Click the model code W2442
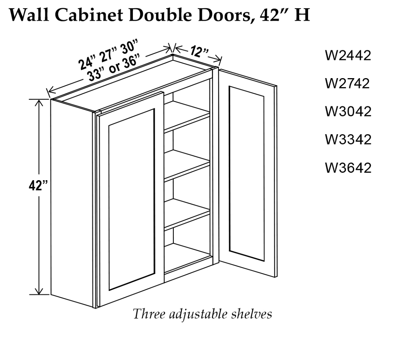pyautogui.click(x=348, y=55)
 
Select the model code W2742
pyautogui.click(x=347, y=83)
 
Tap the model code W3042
pyautogui.click(x=348, y=111)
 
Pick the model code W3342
pyautogui.click(x=348, y=139)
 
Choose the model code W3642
pyautogui.click(x=348, y=168)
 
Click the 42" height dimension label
pyautogui.click(x=38, y=186)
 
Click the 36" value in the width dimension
pyautogui.click(x=130, y=62)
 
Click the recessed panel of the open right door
pyautogui.click(x=246, y=174)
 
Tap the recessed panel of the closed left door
pyautogui.click(x=131, y=199)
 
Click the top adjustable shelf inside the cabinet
pyautogui.click(x=187, y=117)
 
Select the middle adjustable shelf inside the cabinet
pyautogui.click(x=187, y=165)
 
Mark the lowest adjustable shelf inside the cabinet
pyautogui.click(x=187, y=214)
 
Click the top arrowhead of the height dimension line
pyautogui.click(x=39, y=102)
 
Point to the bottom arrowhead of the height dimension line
pyautogui.click(x=39, y=291)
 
